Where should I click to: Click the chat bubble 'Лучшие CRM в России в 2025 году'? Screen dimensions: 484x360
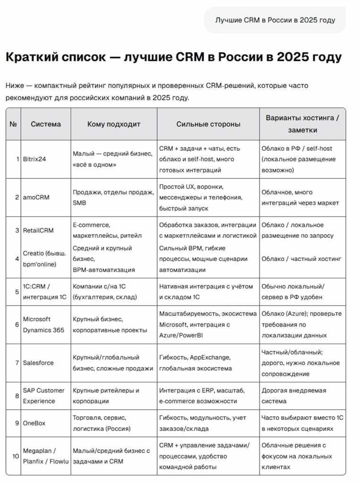coord(275,20)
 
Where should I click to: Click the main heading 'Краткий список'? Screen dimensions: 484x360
coord(173,58)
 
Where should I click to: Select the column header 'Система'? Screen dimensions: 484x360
coord(46,124)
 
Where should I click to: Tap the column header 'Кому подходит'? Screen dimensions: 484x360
coord(114,124)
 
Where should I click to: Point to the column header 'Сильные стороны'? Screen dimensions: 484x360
coord(208,124)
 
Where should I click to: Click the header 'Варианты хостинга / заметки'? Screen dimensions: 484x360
coord(302,123)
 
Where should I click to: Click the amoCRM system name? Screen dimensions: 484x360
coord(36,198)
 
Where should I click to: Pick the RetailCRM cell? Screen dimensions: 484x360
coord(38,230)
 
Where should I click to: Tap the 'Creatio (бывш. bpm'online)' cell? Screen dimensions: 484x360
coord(44,259)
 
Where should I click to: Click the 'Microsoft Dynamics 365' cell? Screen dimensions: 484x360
coord(43,324)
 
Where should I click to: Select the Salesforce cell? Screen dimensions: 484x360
coord(38,363)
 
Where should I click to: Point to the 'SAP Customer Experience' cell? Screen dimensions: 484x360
coord(44,396)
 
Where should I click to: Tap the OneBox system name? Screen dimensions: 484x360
coord(34,423)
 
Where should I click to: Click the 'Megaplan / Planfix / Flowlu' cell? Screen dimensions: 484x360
coord(46,456)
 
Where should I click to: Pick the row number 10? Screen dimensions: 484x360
coord(16,456)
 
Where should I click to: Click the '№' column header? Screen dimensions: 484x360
coord(13,124)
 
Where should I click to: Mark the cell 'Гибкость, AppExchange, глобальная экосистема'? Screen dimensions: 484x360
coord(196,363)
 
